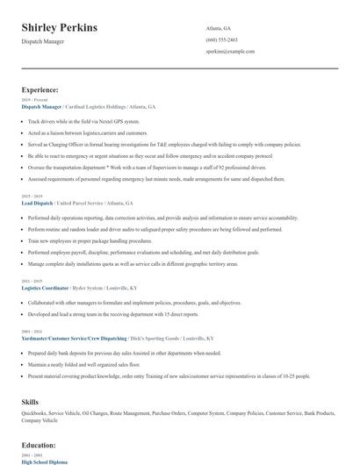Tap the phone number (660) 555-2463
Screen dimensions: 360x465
(x=221, y=39)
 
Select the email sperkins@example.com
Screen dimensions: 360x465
(x=230, y=52)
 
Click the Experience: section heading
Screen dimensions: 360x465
(x=40, y=89)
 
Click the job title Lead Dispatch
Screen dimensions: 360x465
(x=38, y=202)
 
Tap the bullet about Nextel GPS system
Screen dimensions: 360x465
(x=83, y=121)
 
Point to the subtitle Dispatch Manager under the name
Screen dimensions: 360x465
(x=42, y=41)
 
